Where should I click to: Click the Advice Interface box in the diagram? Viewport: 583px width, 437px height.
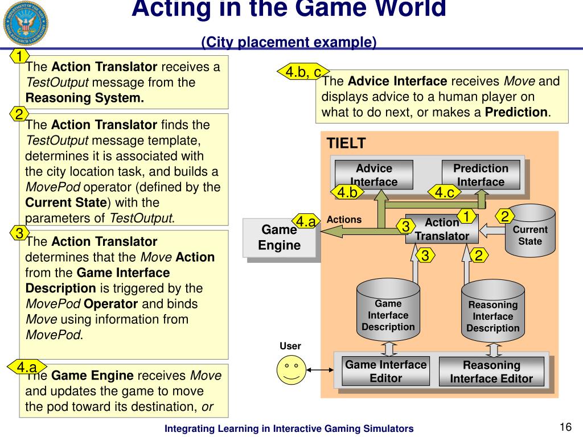point(373,175)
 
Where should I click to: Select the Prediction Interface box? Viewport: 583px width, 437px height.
point(481,175)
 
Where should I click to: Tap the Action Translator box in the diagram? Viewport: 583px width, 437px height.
point(442,229)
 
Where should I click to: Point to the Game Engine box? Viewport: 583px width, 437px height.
point(279,238)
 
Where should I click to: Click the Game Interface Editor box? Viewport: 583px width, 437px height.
point(385,371)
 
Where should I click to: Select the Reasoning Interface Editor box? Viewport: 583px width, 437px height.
point(491,372)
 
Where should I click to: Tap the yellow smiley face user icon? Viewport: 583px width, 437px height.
point(291,370)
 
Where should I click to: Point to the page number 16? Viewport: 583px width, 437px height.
point(565,427)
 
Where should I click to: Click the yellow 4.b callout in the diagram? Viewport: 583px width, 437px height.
point(347,193)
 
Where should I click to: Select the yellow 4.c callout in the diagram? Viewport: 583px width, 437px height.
point(445,193)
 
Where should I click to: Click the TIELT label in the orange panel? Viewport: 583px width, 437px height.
point(346,143)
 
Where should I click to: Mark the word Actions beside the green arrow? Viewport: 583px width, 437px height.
point(344,220)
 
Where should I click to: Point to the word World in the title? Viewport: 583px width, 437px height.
point(406,9)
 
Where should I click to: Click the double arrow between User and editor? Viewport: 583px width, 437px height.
point(321,370)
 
